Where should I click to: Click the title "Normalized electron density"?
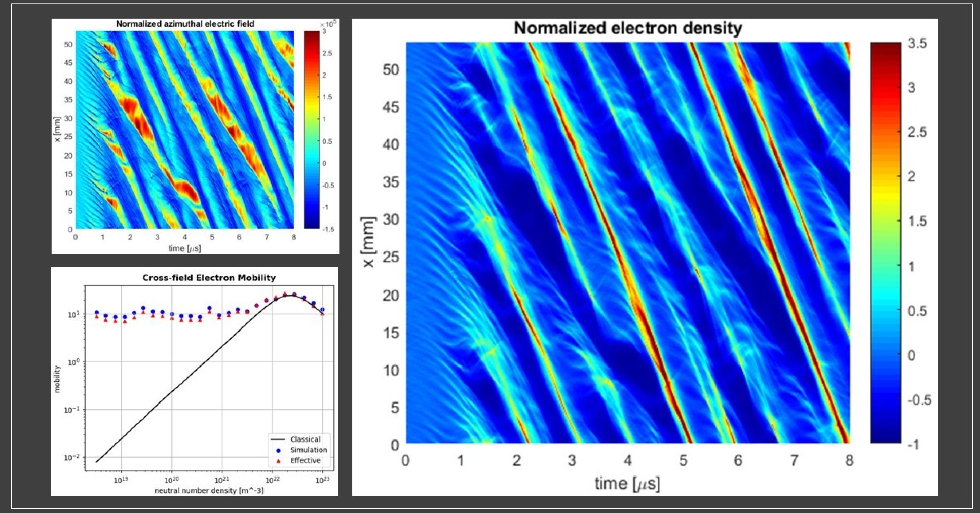627,28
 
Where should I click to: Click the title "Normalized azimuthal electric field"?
185,24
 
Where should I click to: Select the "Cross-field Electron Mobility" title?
209,278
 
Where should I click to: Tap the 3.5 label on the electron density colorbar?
917,44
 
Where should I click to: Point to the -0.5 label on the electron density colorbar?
919,400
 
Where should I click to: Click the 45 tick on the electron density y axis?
390,107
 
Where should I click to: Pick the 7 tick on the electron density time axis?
794,460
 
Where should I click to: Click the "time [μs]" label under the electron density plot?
627,483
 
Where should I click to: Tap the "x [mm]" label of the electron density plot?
369,242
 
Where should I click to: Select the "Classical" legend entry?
305,439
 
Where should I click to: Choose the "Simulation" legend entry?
308,450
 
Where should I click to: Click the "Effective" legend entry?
305,460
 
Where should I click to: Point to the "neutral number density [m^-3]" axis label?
209,490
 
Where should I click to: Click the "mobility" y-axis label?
57,379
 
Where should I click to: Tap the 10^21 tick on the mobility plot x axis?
222,480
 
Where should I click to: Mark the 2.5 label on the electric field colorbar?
327,53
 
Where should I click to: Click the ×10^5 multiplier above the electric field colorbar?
328,24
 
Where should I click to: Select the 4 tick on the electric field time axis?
184,237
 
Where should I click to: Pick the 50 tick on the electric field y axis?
68,44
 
